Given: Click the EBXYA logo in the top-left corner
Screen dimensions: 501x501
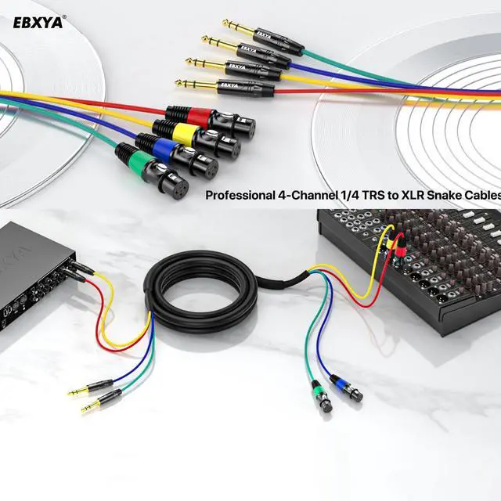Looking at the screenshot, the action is tap(39, 22).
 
